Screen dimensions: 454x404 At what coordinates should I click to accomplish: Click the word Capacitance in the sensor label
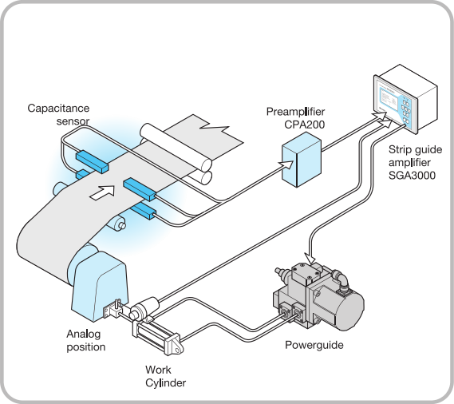58,108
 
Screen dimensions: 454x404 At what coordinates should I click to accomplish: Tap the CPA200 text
305,125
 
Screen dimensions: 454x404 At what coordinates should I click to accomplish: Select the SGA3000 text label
412,176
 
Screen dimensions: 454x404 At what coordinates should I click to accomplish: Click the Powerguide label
314,345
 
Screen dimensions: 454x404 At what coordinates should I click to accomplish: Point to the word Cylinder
166,383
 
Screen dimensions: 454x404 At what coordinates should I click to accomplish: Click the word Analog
84,335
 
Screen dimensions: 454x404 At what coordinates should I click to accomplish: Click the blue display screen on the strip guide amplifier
389,99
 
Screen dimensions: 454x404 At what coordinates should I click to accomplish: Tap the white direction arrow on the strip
102,192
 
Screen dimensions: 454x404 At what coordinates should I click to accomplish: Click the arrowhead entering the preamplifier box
288,165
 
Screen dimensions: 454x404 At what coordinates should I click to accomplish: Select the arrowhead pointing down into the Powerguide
310,257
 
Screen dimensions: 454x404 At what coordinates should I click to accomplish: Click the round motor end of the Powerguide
349,310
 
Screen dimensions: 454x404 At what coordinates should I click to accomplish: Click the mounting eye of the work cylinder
176,346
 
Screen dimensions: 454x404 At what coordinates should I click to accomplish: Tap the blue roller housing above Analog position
99,286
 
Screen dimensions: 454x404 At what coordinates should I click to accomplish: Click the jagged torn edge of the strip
215,126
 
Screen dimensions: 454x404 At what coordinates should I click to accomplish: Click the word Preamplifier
296,112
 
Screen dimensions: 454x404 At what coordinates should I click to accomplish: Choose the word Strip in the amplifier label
399,150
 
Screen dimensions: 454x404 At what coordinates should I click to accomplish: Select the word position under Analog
86,347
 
